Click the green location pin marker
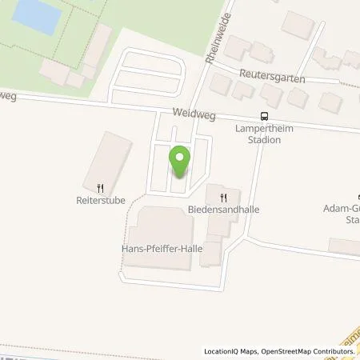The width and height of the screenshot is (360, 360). pos(180,162)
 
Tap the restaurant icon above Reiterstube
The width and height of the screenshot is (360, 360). pos(100,189)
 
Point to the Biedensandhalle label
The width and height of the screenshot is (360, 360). pos(224,210)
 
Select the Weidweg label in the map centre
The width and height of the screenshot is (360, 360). pos(190,114)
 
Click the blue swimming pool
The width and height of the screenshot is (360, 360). pos(38,14)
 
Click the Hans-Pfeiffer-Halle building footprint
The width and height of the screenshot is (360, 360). pos(164,228)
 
